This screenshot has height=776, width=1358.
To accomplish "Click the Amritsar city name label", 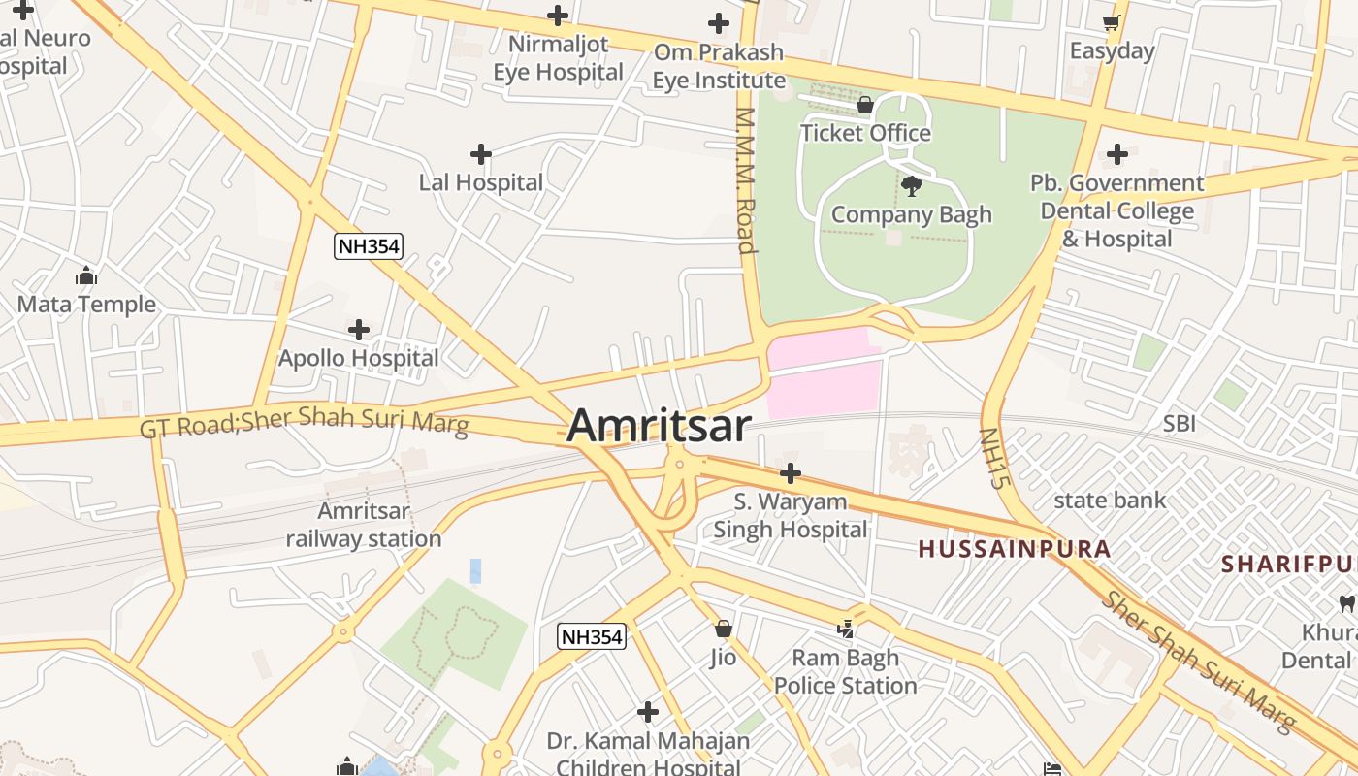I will [x=659, y=426].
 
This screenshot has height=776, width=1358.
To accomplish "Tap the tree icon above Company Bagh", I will [x=911, y=185].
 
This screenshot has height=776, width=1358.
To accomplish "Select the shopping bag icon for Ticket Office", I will [x=865, y=104].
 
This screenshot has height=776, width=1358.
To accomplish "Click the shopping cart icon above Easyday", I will [x=1112, y=22].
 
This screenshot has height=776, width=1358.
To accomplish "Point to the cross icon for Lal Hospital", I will [x=480, y=154].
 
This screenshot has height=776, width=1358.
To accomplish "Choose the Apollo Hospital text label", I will [x=359, y=358].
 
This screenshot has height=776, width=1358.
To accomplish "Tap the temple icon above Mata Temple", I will [x=86, y=276].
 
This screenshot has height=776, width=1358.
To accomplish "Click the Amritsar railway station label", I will [x=364, y=525].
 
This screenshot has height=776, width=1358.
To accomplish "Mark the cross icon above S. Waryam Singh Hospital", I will [x=791, y=473].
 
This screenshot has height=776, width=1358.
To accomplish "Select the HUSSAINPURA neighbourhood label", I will [x=1014, y=549].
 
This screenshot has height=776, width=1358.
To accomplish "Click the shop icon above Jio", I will [x=723, y=629].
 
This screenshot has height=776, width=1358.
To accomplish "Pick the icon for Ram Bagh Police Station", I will [x=846, y=629].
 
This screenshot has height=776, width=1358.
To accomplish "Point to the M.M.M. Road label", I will [x=745, y=180].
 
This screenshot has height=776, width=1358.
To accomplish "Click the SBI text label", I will [x=1179, y=423].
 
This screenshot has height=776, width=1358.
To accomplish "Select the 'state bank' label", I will [x=1110, y=501].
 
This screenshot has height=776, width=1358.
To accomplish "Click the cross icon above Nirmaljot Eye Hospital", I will [x=558, y=16].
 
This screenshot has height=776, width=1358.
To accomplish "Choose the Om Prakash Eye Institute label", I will [x=718, y=66].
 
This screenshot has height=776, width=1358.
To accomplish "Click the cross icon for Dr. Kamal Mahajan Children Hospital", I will [x=648, y=712].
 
